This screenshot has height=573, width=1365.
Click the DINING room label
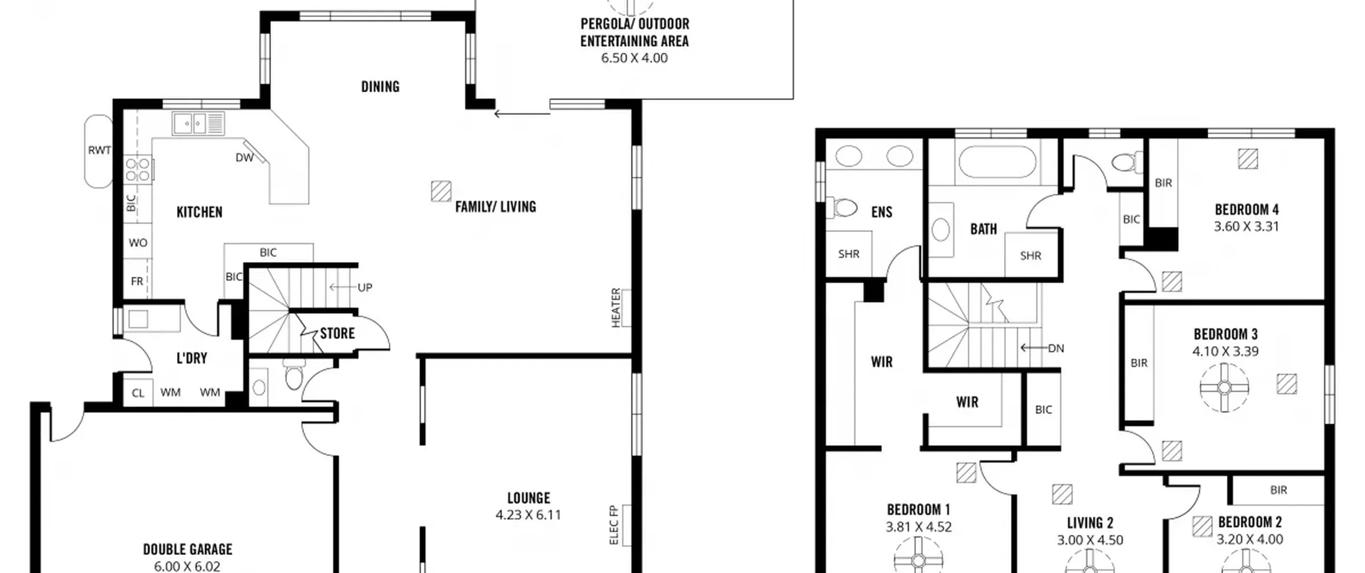pyautogui.click(x=380, y=87)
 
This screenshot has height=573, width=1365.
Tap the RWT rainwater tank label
pyautogui.click(x=99, y=150)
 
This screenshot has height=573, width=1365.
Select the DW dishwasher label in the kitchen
pyautogui.click(x=244, y=158)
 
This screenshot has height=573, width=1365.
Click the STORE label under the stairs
pyautogui.click(x=337, y=334)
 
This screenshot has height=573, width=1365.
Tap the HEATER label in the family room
pyautogui.click(x=616, y=308)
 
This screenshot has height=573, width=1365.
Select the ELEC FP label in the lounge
pyautogui.click(x=614, y=525)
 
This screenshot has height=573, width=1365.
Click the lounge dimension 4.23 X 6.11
pyautogui.click(x=528, y=515)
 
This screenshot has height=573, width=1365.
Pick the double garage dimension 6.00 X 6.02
pyautogui.click(x=187, y=566)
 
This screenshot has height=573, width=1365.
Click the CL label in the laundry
pyautogui.click(x=138, y=393)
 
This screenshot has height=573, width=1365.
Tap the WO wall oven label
pyautogui.click(x=138, y=243)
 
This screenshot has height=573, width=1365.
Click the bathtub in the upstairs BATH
pyautogui.click(x=997, y=162)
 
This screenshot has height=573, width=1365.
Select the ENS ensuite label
pyautogui.click(x=881, y=212)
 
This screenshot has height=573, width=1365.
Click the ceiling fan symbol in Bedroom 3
pyautogui.click(x=1224, y=388)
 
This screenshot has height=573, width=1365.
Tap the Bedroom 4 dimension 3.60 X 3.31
pyautogui.click(x=1247, y=227)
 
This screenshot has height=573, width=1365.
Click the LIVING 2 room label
pyautogui.click(x=1090, y=523)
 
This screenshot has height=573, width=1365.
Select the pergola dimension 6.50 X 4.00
pyautogui.click(x=635, y=58)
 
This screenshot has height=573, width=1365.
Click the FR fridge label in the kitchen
pyautogui.click(x=137, y=281)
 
